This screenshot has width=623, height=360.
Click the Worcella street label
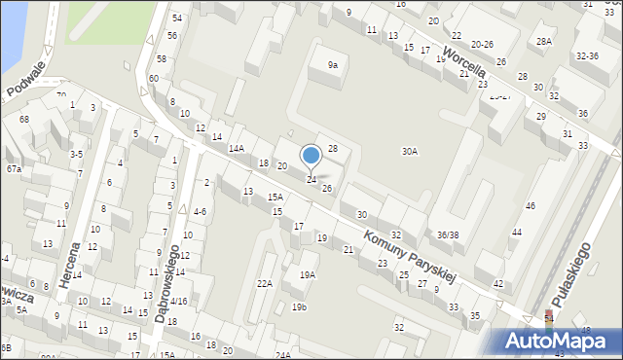(465, 60)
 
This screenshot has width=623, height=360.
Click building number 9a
(333, 65)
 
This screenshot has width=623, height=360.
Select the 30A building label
(410, 151)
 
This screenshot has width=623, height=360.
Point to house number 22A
(264, 283)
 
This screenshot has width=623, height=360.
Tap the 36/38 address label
(448, 234)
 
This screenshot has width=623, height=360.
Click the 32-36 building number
(587, 56)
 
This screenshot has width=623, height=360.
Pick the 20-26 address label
(482, 45)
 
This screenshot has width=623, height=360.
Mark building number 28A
(544, 41)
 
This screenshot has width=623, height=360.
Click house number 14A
(236, 149)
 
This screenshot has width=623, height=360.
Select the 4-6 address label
(199, 211)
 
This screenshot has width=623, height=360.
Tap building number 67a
(14, 169)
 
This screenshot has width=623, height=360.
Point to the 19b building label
(299, 307)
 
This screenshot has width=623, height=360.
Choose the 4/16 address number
(177, 302)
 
